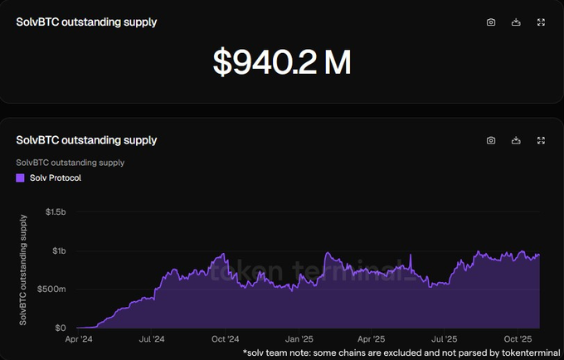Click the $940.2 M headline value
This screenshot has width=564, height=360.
[281, 62]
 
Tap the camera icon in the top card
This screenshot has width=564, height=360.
[491, 22]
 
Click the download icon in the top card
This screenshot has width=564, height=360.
[516, 22]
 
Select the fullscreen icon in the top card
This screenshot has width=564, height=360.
[541, 22]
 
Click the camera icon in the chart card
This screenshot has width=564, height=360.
[491, 140]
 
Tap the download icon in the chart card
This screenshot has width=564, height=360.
[516, 140]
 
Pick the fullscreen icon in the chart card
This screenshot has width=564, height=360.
[541, 140]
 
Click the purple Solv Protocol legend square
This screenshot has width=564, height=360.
[21, 178]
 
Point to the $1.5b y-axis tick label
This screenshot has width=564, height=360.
[56, 212]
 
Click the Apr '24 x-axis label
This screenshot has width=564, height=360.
[80, 339]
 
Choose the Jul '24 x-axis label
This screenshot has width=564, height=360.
[152, 339]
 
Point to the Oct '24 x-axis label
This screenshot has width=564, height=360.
[225, 339]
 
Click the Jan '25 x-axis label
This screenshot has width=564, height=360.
[299, 339]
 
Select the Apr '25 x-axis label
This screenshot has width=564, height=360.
[371, 339]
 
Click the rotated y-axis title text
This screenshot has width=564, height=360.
[25, 269]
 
